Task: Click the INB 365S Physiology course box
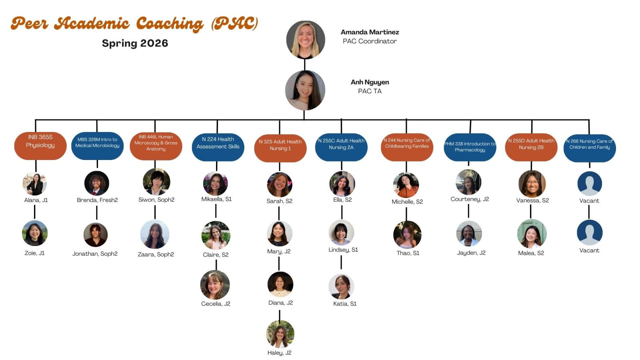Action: point(40,146)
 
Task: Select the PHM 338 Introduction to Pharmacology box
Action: point(470,147)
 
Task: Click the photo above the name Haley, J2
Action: point(280,334)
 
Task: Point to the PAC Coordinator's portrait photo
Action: point(306,40)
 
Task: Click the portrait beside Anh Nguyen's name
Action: point(305,90)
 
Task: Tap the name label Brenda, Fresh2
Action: point(97,200)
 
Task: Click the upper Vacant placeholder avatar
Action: point(589,183)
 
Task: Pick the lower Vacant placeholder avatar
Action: point(589,232)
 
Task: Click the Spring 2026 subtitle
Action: point(135,43)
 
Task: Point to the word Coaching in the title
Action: point(170,24)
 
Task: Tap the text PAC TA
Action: point(370,91)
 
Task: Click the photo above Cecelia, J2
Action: point(215,285)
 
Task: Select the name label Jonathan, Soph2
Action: point(95,254)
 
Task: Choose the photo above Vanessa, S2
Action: point(532,184)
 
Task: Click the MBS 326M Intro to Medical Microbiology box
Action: point(97,143)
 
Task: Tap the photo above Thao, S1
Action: point(407,235)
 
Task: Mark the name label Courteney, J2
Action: point(470,199)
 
